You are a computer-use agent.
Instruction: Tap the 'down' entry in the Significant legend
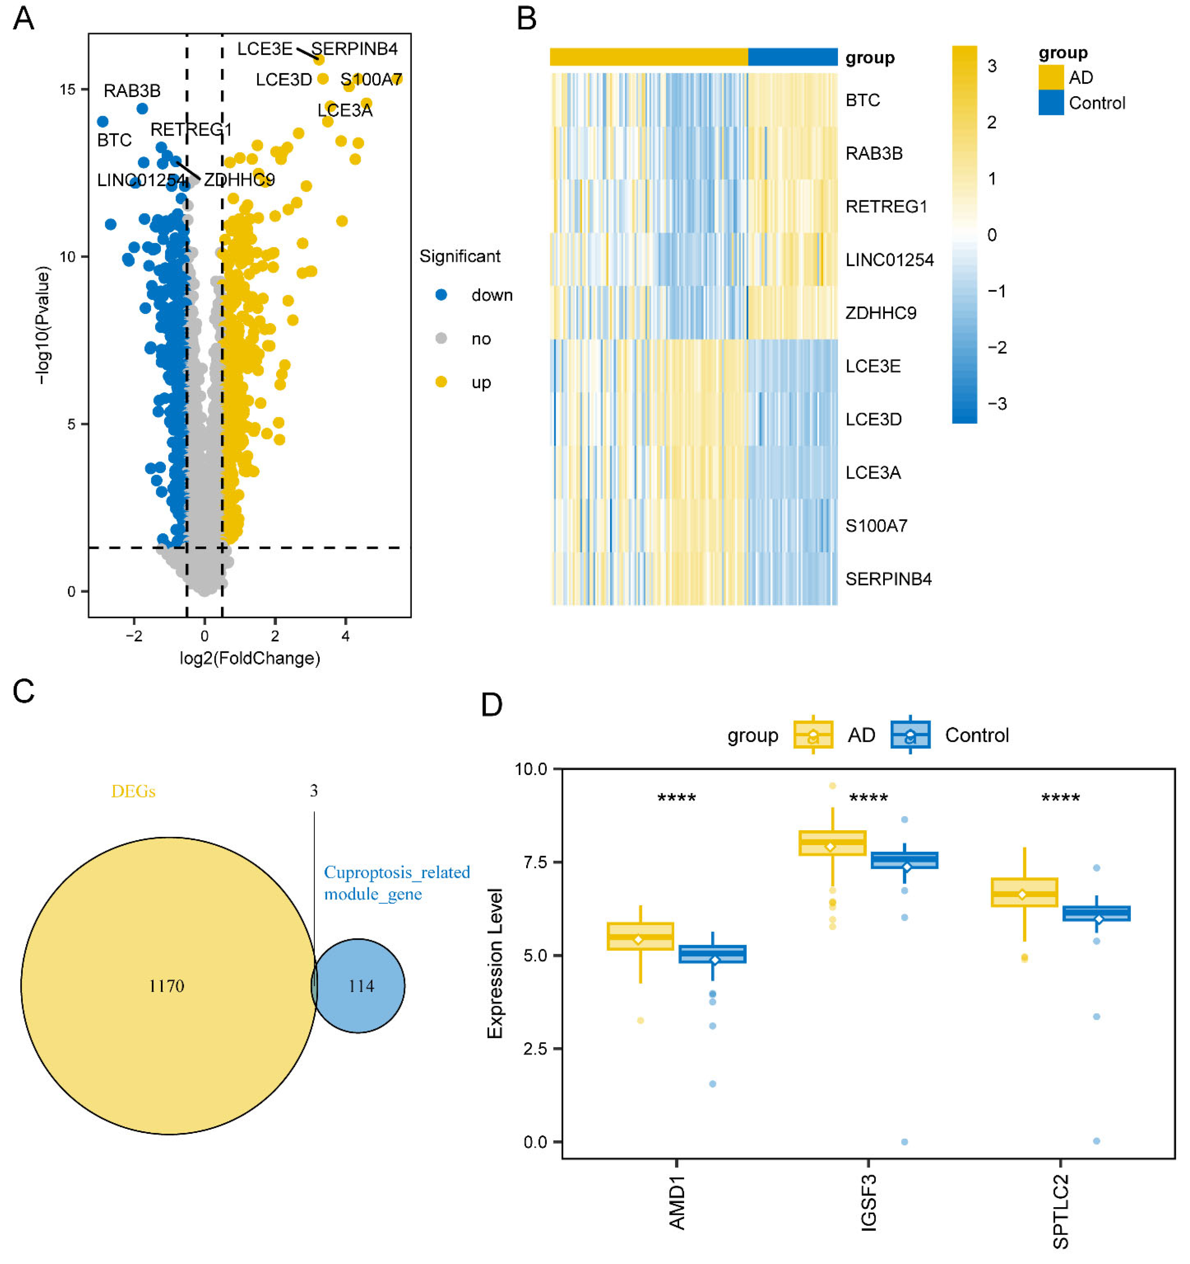491,295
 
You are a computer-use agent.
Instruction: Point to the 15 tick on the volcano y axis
68,90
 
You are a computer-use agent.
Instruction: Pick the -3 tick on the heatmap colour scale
997,404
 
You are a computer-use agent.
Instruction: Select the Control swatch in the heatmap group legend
1050,103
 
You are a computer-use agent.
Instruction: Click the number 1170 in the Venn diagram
167,986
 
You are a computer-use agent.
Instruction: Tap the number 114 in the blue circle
361,986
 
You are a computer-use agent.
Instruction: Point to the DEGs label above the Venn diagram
134,791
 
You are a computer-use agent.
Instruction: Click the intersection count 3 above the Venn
313,790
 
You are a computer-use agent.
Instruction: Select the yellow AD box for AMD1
640,936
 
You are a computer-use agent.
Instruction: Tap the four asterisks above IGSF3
868,798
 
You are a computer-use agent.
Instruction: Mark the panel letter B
526,19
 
